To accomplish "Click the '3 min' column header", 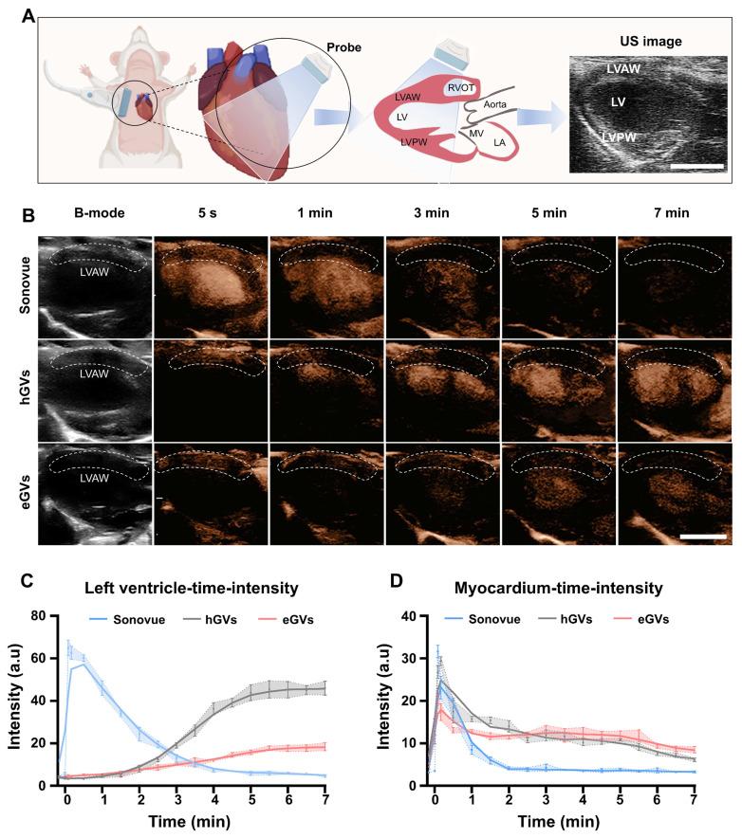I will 443,216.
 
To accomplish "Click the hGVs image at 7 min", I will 675,391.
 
